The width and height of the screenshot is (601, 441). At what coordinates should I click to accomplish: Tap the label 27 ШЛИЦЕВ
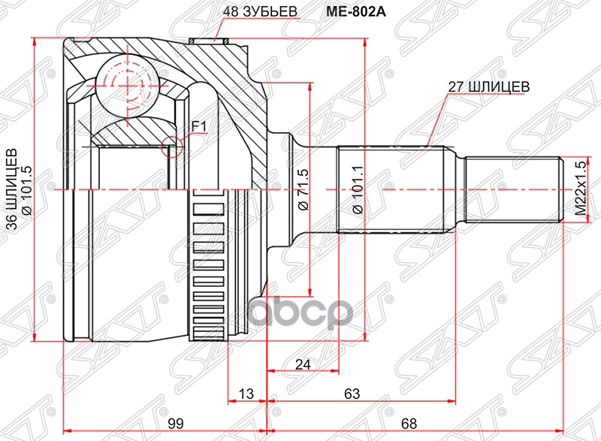click(x=488, y=86)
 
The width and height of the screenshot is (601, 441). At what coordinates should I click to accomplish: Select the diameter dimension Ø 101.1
click(x=357, y=192)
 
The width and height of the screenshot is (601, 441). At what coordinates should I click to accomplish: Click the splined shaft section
click(x=394, y=189)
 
